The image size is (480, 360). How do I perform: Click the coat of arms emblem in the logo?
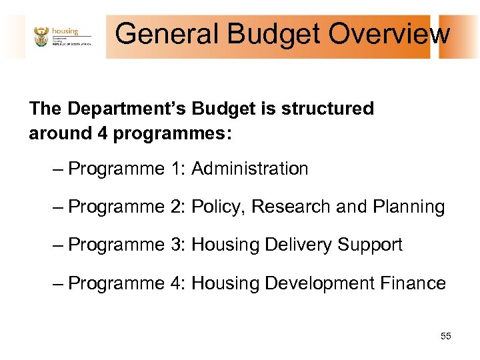click(x=41, y=37)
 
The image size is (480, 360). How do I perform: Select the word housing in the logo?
click(x=65, y=31)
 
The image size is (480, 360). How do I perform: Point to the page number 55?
click(x=445, y=336)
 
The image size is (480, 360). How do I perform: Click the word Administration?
click(x=250, y=169)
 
